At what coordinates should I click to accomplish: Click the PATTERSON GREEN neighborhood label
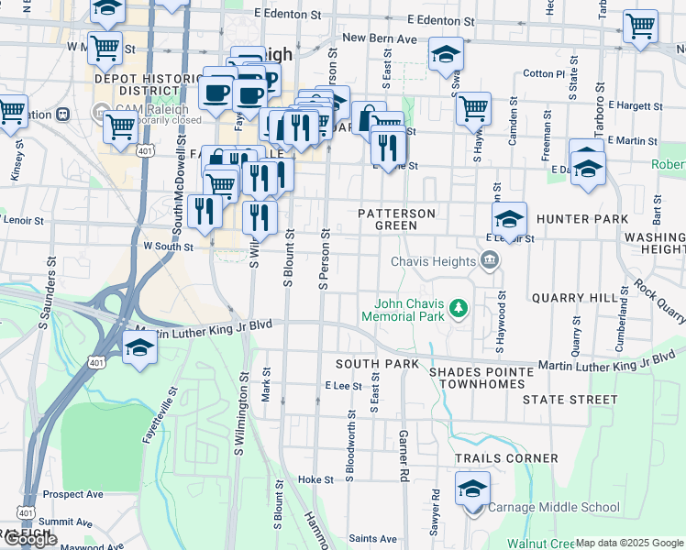point(396,219)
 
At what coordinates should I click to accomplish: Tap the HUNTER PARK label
point(583,219)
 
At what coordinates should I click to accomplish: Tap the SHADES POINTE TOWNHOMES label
point(481,377)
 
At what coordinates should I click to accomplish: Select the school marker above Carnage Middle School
point(472,489)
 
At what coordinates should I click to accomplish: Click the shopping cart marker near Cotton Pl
point(473,107)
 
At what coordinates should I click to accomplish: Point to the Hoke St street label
point(315,479)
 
